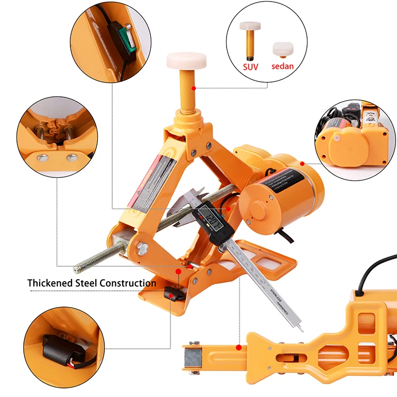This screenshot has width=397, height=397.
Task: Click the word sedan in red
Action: (282, 67)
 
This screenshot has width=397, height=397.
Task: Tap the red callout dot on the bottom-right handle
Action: (239, 348)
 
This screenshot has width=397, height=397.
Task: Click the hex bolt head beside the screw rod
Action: (142, 247)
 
